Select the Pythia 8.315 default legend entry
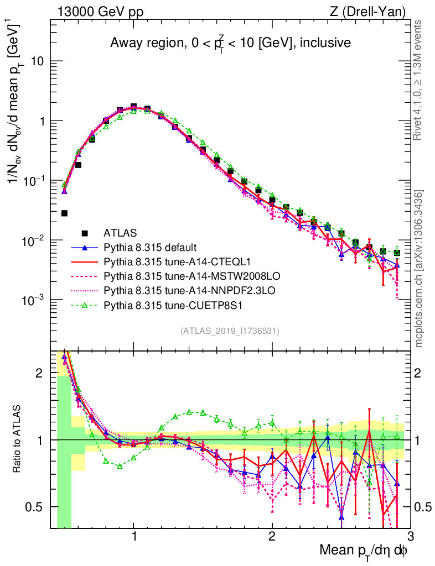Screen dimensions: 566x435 [144, 247]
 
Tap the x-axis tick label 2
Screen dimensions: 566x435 [272, 537]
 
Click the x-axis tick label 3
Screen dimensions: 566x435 [410, 537]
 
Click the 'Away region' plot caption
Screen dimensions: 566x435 [230, 43]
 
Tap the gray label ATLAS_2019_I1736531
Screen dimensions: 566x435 [230, 331]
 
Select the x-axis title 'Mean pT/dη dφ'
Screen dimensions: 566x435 [364, 551]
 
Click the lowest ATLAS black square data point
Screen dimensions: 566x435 [64, 213]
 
